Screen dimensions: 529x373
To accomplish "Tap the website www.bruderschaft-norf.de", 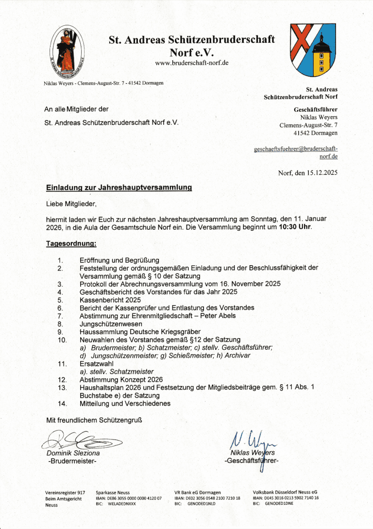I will click(x=191, y=63).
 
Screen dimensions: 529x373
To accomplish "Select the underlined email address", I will click(x=296, y=153).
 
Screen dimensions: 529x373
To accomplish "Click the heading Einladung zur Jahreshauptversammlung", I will click(x=119, y=187).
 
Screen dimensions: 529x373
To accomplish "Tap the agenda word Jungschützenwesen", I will click(x=111, y=324).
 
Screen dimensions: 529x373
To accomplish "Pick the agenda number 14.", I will click(x=62, y=403).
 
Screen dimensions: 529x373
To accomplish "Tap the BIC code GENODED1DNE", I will click(x=279, y=504).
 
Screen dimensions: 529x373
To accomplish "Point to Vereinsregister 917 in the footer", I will click(x=65, y=493).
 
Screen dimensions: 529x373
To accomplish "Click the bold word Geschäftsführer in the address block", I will click(x=315, y=109).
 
